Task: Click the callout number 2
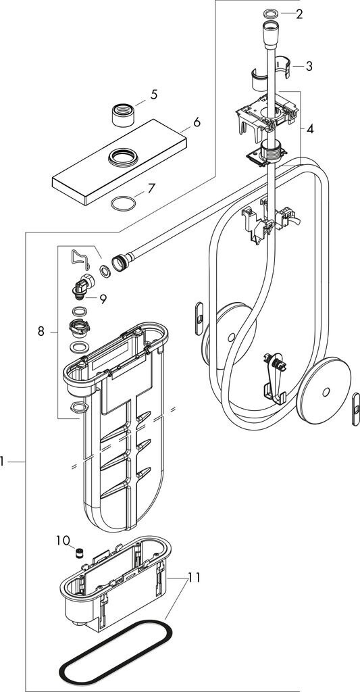pos(300,14)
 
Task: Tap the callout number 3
pos(309,67)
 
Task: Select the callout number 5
pos(153,95)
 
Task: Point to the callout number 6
pos(197,122)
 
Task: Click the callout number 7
pos(151,189)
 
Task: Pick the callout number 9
pos(103,299)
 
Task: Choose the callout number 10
pos(63,540)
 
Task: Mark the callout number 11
pos(195,577)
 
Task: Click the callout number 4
pos(310,129)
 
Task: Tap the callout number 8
pos(41,331)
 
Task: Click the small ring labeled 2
pos(270,13)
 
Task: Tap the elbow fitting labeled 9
pos(83,285)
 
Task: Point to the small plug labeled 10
pos(80,553)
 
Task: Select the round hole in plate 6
pos(123,157)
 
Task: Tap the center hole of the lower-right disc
pos(326,391)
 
